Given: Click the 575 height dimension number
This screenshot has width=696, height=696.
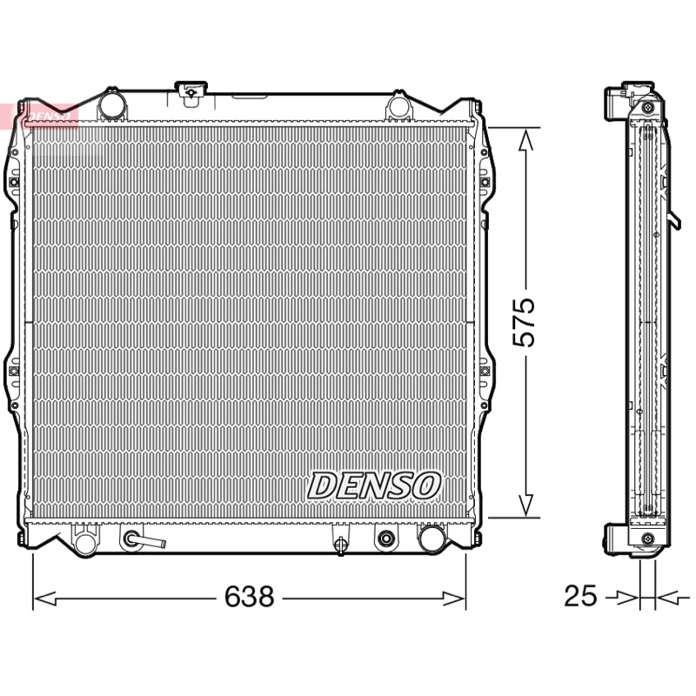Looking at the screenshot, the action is click(x=524, y=322).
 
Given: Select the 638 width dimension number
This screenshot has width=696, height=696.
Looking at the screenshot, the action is click(x=249, y=596).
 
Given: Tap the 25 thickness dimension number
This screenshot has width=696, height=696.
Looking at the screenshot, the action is click(x=580, y=596).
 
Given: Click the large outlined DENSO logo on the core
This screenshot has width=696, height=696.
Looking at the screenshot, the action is click(x=374, y=485).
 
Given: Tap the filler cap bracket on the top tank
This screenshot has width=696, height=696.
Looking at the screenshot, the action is click(x=191, y=93).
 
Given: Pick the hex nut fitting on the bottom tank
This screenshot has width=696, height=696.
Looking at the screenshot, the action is click(x=385, y=539).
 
